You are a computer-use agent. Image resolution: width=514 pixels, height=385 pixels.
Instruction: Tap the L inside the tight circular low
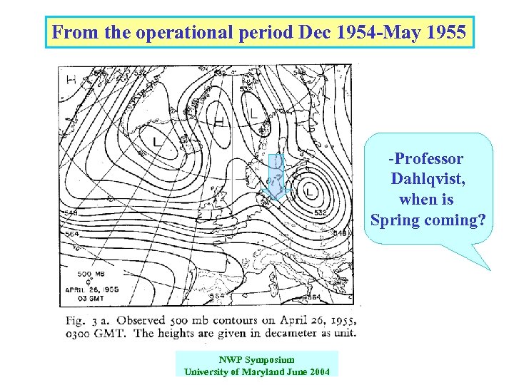pos(309,191)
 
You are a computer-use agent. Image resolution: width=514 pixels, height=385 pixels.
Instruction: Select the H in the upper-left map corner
pos(71,78)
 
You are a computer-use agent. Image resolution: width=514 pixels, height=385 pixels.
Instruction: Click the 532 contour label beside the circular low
pos(321,213)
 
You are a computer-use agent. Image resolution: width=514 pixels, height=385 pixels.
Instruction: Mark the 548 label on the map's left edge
pos(69,212)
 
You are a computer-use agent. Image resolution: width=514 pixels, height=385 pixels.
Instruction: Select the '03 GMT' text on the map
pos(84,298)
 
